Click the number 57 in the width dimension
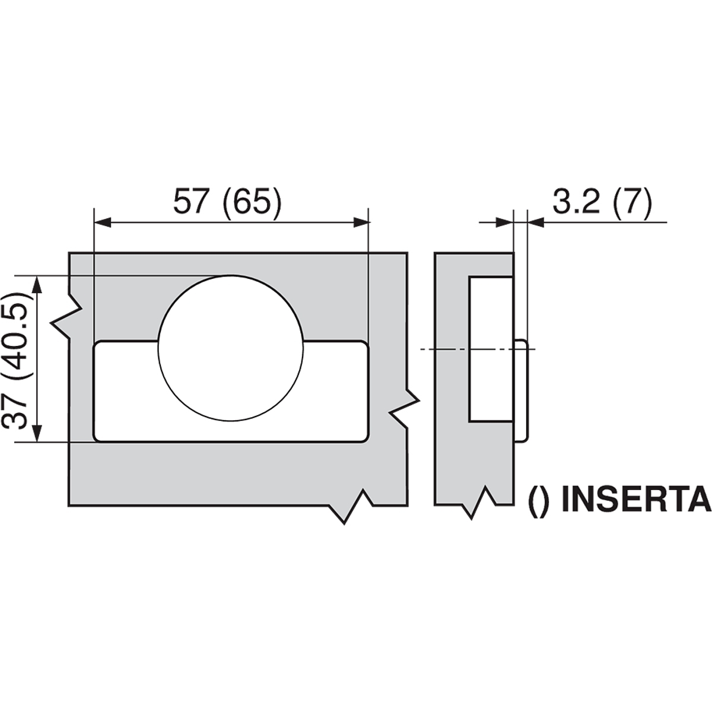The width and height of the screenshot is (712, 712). [x=191, y=202]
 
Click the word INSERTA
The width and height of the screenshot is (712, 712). [x=634, y=500]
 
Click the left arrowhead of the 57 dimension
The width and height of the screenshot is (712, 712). [x=103, y=223]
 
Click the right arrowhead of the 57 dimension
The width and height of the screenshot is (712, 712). [x=361, y=223]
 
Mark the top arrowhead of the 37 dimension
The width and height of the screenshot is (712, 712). [x=37, y=284]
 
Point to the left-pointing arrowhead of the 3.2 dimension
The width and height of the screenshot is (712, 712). [x=535, y=223]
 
